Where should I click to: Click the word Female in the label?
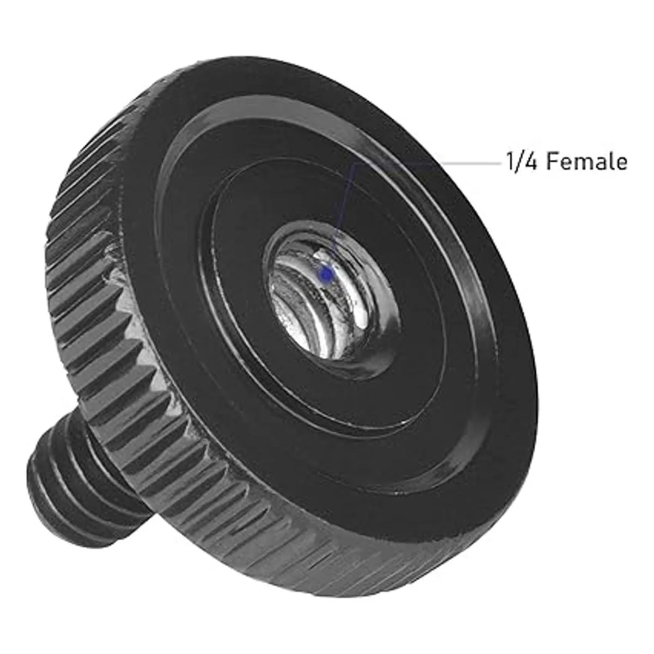click(587, 161)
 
